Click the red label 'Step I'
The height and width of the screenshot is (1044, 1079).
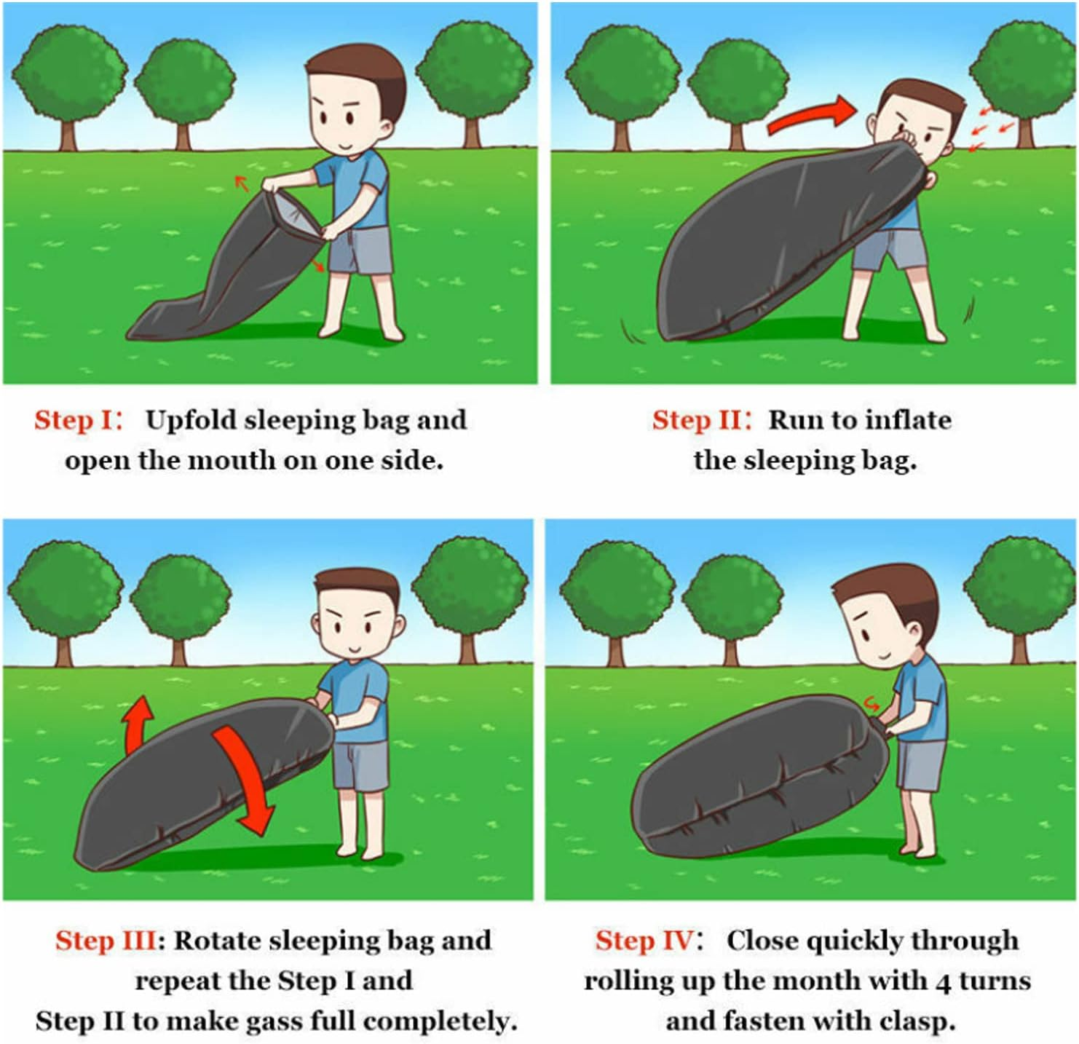74,420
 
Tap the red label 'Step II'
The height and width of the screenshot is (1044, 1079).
697,420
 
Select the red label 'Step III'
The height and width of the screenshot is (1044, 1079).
106,941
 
